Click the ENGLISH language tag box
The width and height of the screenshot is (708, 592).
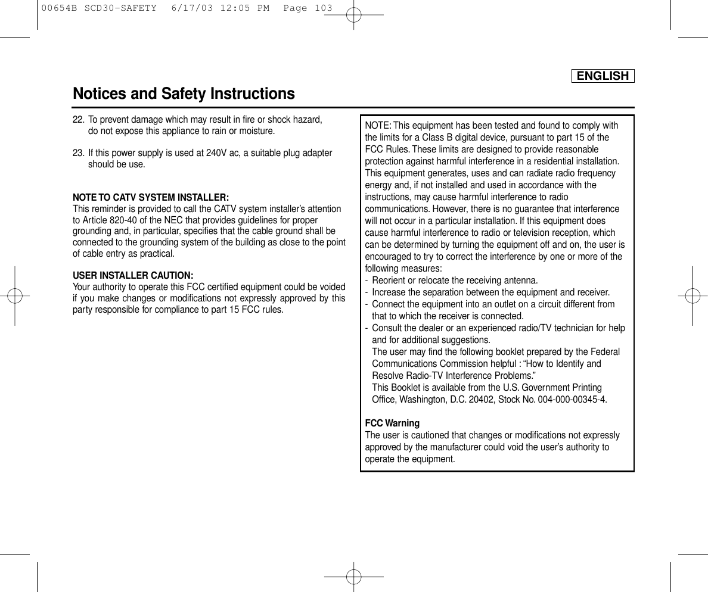[x=603, y=76]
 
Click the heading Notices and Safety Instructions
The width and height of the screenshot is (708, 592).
[x=184, y=94]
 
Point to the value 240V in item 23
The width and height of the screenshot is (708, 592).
[x=216, y=153]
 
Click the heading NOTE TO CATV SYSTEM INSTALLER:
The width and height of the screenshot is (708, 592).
[x=151, y=197]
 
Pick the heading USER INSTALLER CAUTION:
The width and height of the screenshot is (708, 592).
[x=132, y=276]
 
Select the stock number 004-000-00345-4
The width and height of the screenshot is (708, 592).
[x=572, y=400]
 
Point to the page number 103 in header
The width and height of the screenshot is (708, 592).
[x=323, y=8]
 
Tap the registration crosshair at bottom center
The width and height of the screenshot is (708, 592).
[x=353, y=577]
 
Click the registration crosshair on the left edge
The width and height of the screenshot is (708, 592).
[x=14, y=296]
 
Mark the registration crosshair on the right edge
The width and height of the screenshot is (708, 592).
[x=693, y=296]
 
